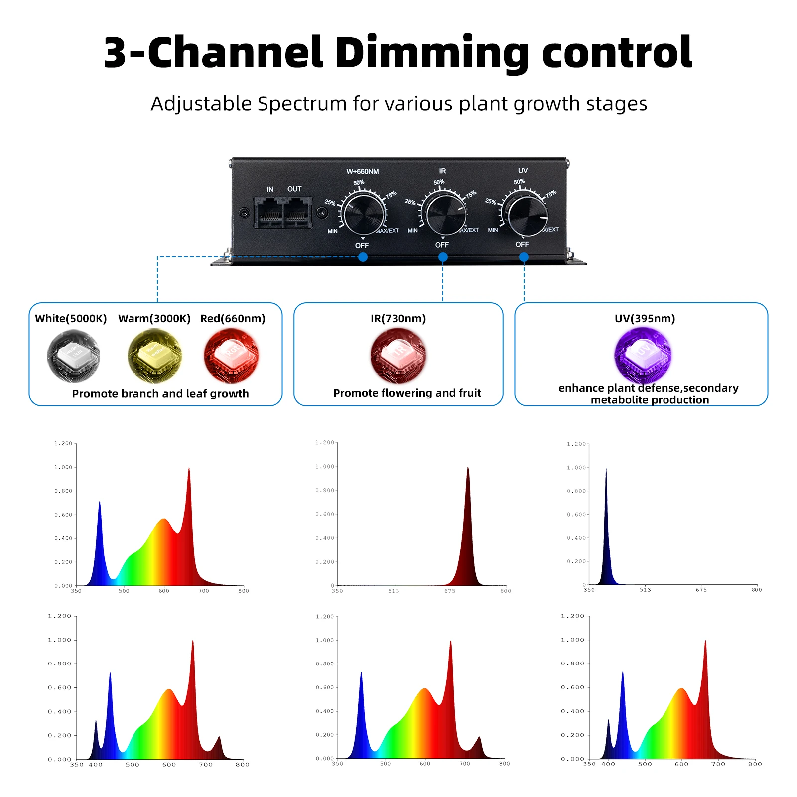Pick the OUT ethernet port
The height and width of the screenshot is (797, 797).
pos(297,212)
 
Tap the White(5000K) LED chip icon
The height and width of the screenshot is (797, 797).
pos(74,356)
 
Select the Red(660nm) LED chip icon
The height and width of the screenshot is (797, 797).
pos(231,356)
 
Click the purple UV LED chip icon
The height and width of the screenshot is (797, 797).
pos(643,355)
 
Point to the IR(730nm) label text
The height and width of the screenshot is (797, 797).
pos(398,319)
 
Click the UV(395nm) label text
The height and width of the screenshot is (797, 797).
pos(645,319)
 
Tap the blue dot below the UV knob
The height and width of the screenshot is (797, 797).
pos(524,257)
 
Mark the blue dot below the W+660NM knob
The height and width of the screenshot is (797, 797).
pos(363,257)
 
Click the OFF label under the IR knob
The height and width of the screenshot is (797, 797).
pos(442,245)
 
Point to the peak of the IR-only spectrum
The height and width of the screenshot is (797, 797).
pos(468,468)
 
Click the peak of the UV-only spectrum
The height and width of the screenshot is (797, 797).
pos(606,470)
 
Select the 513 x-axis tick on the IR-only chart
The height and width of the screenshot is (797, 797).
pos(394,591)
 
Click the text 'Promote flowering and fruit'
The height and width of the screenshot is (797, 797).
pos(407,393)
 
